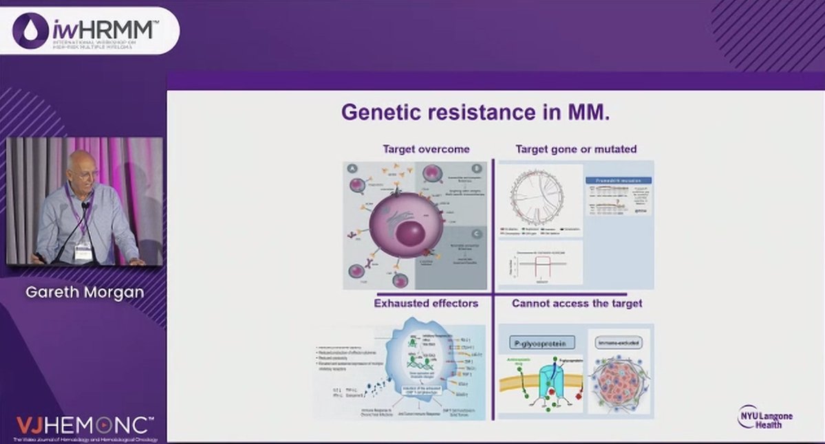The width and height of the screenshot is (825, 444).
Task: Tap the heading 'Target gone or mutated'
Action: [576, 148]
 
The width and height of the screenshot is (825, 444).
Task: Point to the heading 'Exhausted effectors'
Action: [426, 303]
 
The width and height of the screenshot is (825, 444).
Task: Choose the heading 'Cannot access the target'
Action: [577, 303]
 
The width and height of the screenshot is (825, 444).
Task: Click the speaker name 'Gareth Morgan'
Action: [85, 292]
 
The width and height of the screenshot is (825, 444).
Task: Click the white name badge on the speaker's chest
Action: [83, 252]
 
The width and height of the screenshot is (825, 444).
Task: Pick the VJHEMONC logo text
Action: [84, 424]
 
